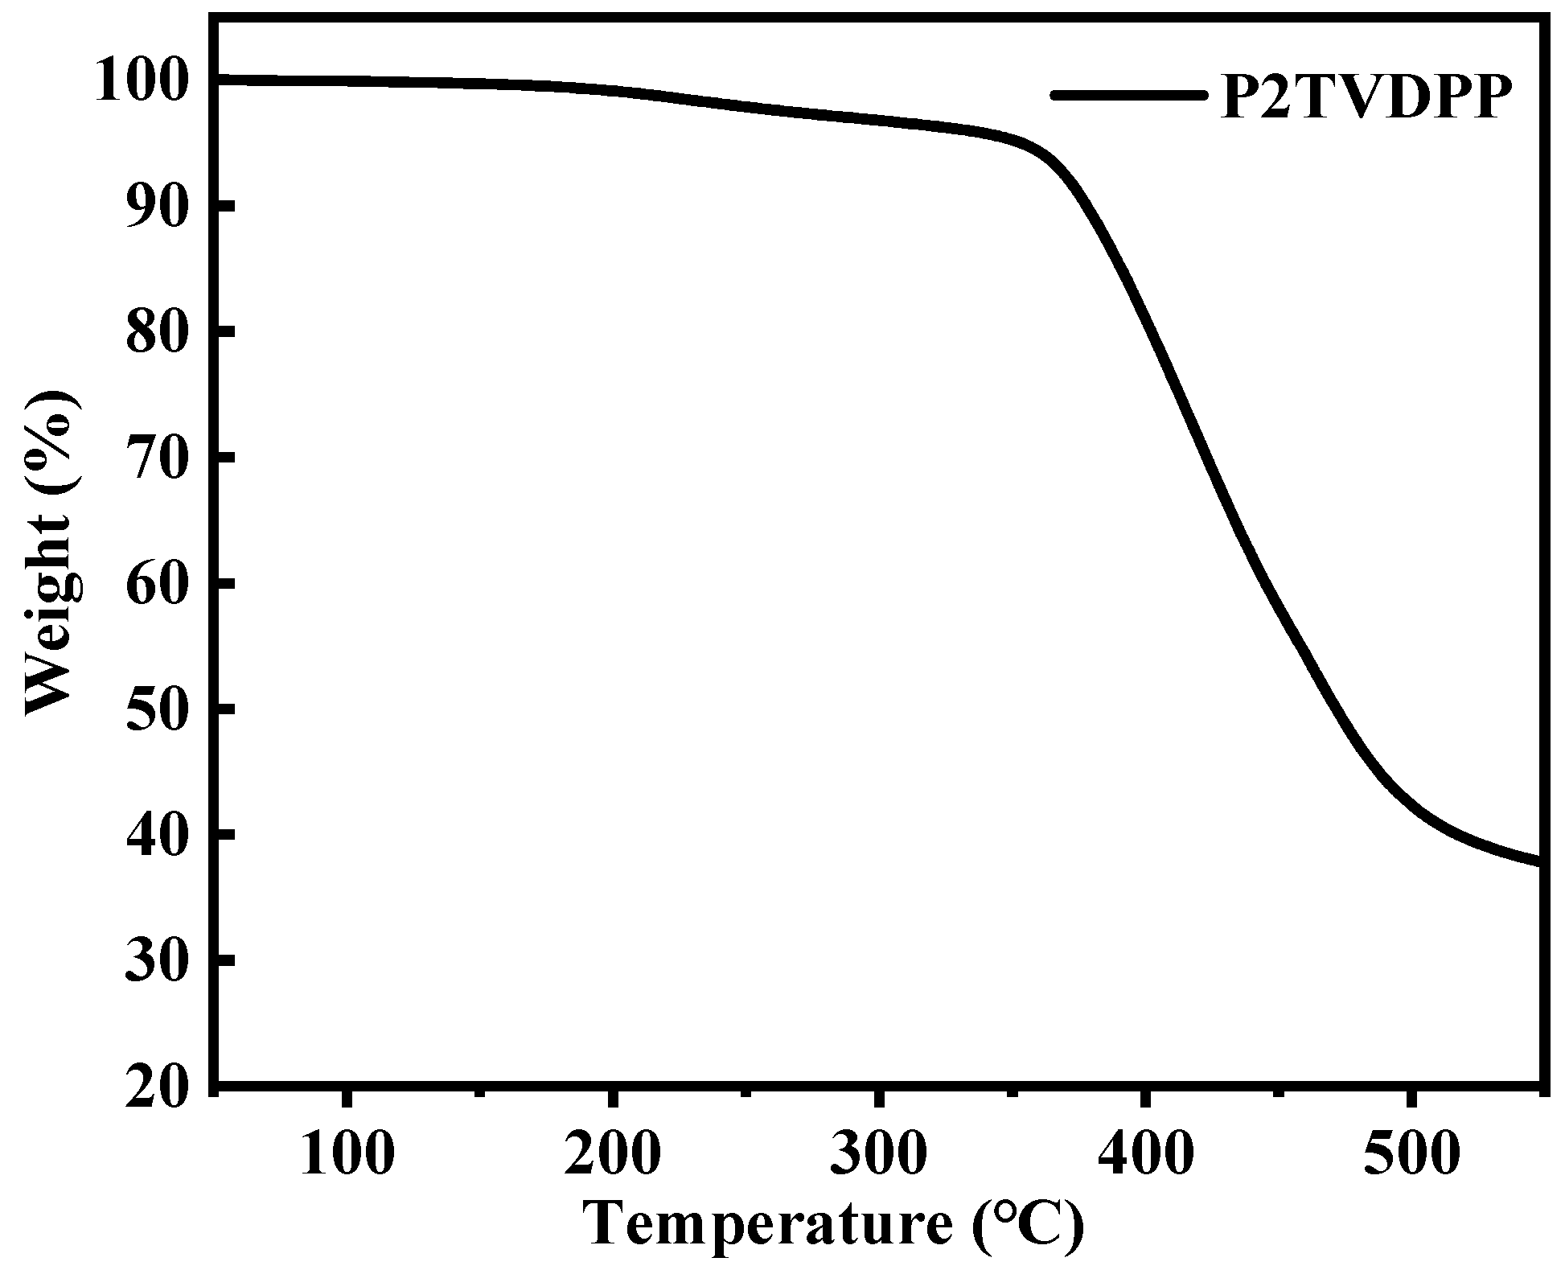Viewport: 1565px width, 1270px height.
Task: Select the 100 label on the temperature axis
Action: pos(347,1153)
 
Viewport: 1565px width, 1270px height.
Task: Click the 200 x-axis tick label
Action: pos(613,1153)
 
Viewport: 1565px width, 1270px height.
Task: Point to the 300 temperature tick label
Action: pos(879,1153)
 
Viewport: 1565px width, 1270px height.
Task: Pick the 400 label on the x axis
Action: pos(1145,1153)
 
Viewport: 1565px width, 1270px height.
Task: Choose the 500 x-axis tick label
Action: pos(1411,1153)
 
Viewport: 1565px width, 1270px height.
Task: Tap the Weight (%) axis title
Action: pos(55,553)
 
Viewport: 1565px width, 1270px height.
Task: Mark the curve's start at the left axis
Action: pos(220,80)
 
